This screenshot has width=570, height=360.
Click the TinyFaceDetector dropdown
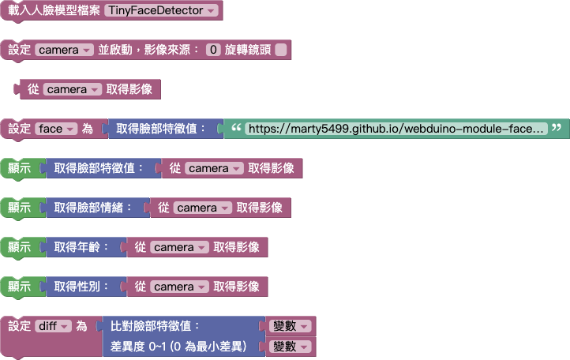coord(161,11)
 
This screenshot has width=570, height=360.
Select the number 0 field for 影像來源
coord(212,50)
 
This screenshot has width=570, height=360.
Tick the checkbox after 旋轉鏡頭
coord(281,50)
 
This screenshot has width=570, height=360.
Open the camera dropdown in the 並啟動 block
coord(65,50)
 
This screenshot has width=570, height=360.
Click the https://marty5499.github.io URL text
coord(395,129)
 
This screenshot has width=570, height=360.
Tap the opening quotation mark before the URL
coord(234,128)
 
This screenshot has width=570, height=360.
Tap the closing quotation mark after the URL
coord(557,128)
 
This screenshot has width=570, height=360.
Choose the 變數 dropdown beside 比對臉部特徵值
coord(291,326)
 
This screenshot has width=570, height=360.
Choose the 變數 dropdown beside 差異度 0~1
coord(291,347)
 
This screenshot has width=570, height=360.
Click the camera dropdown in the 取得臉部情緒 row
coord(203,208)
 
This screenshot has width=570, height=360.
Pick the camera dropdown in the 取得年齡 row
coord(179,247)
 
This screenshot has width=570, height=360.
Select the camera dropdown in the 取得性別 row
coord(179,287)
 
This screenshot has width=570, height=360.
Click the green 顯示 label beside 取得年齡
coord(19,247)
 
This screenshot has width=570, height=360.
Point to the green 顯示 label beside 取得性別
coord(19,287)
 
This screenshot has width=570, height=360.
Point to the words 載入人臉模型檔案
coord(53,11)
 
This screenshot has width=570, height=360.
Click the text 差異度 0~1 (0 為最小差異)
coord(179,347)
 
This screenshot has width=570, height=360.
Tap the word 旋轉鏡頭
coord(248,50)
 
